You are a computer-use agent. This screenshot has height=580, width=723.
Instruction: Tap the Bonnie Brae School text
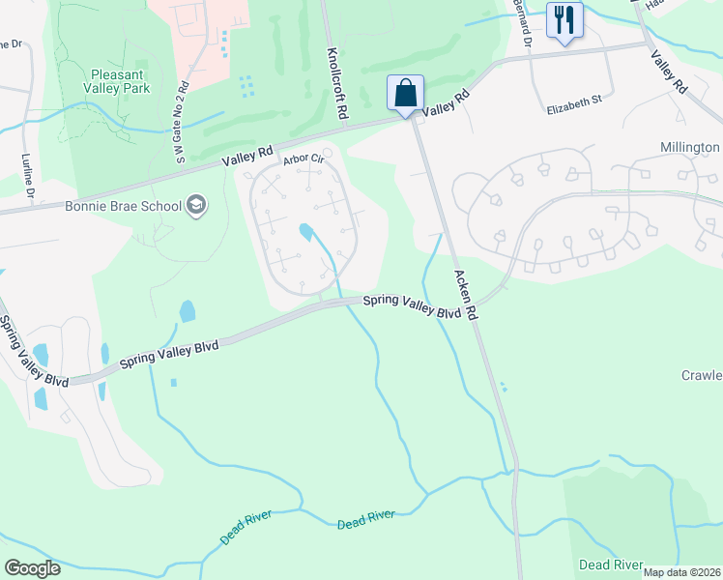coord(123,206)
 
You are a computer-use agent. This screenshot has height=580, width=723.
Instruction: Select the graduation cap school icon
coord(197,206)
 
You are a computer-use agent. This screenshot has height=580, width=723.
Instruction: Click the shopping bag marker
coord(406,94)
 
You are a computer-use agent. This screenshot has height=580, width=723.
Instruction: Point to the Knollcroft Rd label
coord(336,84)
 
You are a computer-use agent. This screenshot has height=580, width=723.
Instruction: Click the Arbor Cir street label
coord(302,160)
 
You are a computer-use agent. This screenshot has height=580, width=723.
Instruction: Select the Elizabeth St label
coord(574,99)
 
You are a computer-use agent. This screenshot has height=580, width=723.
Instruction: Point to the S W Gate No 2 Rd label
coord(181,125)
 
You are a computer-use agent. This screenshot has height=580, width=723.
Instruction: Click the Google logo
coord(32,567)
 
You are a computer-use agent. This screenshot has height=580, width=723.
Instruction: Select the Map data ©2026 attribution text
coord(682,572)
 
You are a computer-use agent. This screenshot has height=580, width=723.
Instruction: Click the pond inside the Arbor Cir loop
coord(307,232)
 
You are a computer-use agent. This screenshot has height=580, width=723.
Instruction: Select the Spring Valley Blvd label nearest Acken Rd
coord(410,307)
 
